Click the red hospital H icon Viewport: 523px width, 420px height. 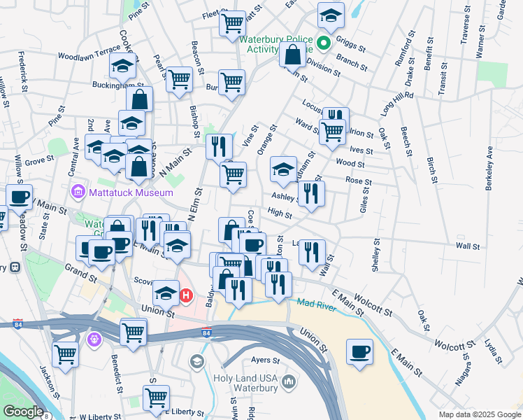186,296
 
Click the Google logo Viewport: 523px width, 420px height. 24,412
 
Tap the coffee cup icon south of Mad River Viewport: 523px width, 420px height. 360,352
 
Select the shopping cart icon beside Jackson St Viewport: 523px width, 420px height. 65,354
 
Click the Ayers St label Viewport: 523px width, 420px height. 265,361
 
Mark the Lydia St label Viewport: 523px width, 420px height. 492,352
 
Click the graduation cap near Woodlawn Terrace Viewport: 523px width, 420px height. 122,66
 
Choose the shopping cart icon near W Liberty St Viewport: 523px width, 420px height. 156,397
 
